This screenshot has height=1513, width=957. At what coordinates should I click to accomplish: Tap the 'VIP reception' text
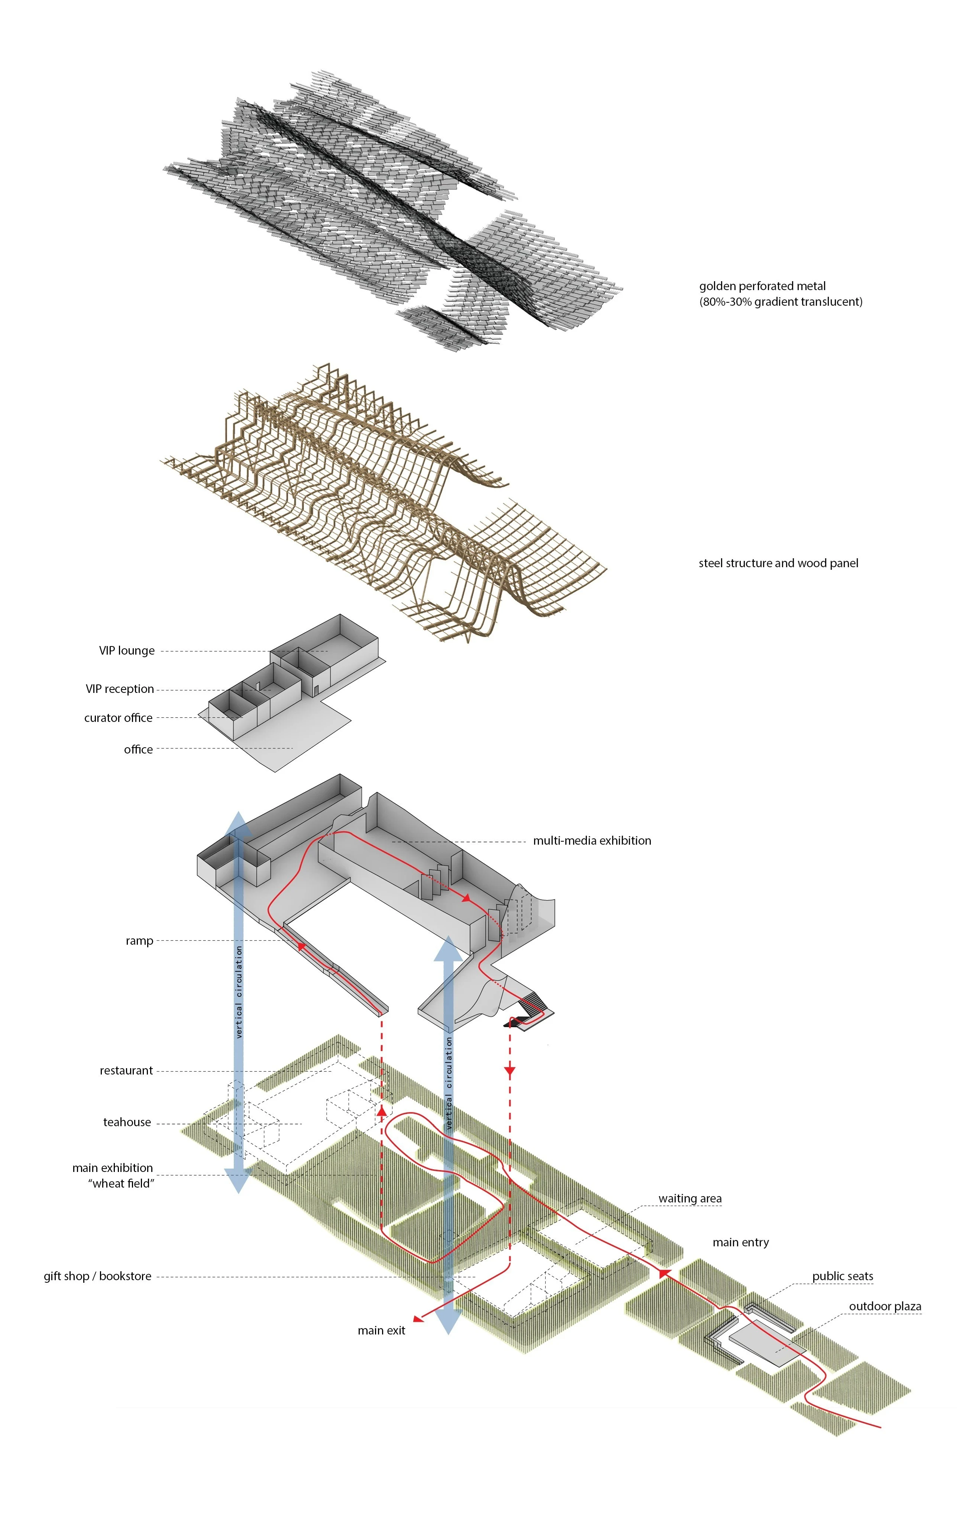[x=119, y=689]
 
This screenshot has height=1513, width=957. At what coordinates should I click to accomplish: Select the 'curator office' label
[x=118, y=717]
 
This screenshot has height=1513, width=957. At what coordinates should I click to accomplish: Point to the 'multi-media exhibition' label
[x=592, y=841]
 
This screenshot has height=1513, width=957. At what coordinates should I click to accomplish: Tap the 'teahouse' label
[x=127, y=1122]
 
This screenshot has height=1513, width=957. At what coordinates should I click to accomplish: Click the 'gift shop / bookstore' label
[x=97, y=1276]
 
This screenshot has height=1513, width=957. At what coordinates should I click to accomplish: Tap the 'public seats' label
[x=843, y=1276]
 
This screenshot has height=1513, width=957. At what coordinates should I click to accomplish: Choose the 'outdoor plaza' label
[x=885, y=1306]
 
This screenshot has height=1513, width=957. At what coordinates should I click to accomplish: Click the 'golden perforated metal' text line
[x=762, y=286]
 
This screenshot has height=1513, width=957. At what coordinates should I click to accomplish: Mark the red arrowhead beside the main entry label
[x=665, y=1273]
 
